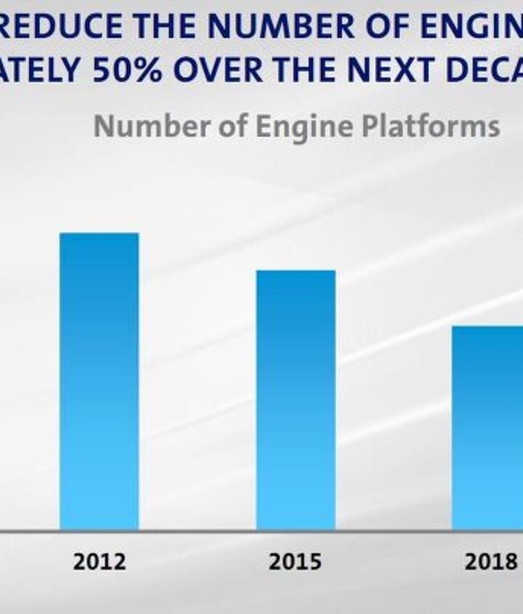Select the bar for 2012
click(99, 381)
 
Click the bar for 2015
click(296, 400)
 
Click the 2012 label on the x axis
click(99, 562)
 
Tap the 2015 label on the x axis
click(296, 562)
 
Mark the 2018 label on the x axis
click(490, 562)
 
